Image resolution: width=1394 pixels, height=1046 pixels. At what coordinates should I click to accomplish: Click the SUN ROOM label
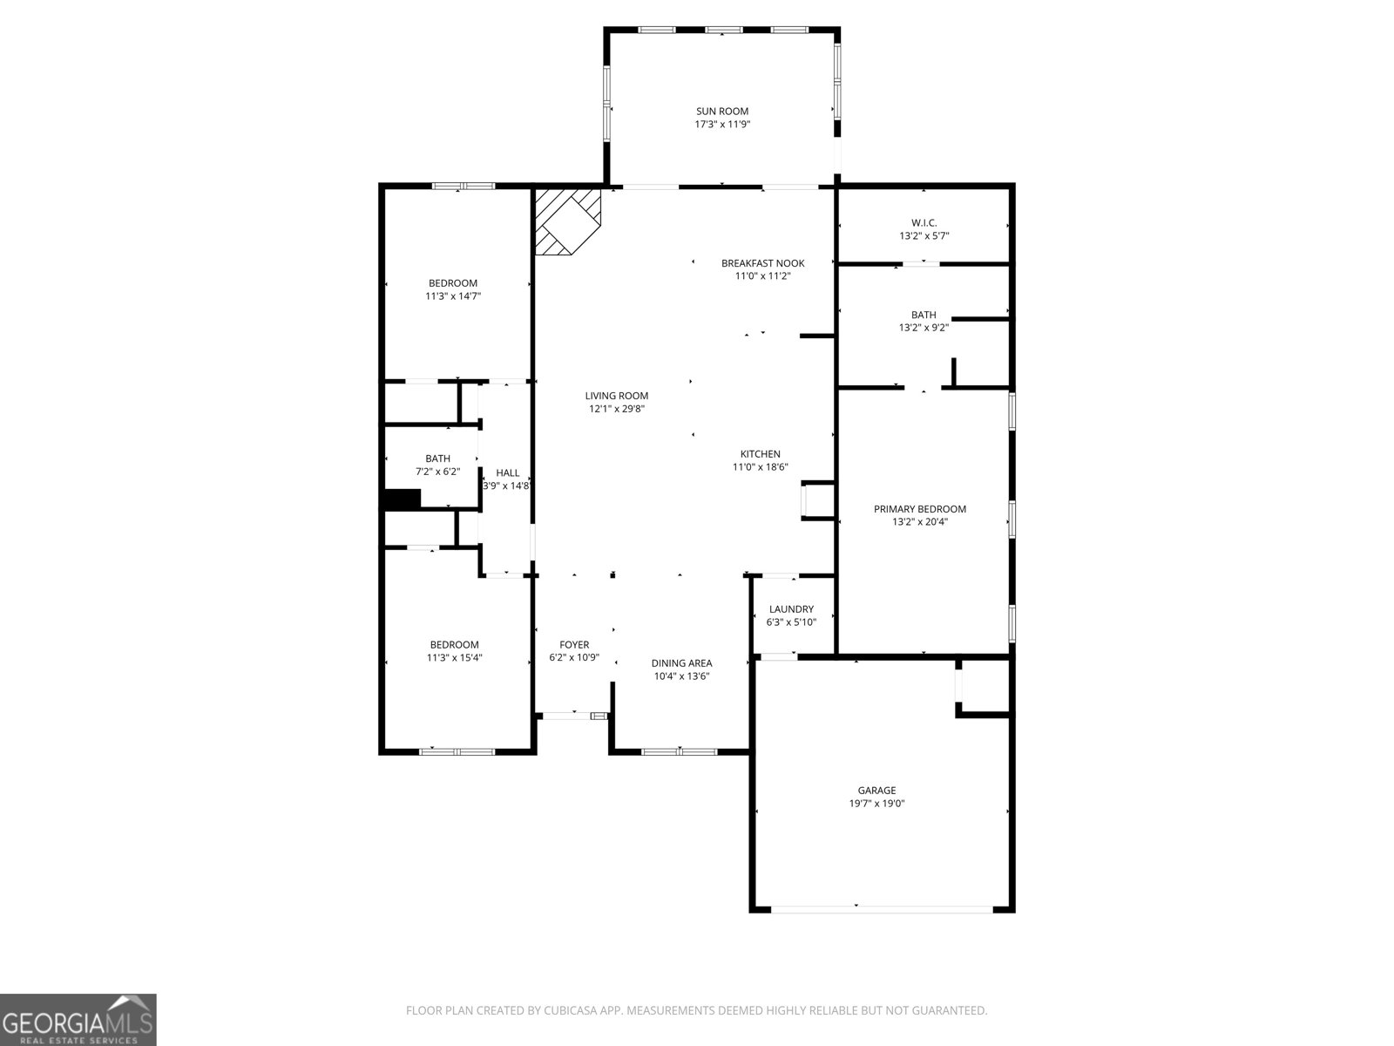click(x=721, y=111)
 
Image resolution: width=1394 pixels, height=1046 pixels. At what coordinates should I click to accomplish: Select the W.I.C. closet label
click(x=924, y=222)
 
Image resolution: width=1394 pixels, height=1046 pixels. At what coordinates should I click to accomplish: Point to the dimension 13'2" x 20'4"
click(x=919, y=522)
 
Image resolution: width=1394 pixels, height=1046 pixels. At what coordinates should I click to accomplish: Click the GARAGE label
click(x=876, y=791)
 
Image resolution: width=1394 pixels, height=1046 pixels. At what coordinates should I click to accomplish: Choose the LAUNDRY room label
click(x=791, y=609)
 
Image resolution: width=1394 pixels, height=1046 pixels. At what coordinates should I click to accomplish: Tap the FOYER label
click(x=574, y=645)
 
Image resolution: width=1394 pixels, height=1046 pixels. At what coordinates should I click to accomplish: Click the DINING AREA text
click(x=681, y=663)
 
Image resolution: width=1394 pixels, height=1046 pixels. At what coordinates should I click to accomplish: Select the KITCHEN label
click(x=760, y=454)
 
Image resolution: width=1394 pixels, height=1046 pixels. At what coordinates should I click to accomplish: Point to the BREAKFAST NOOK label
click(x=762, y=263)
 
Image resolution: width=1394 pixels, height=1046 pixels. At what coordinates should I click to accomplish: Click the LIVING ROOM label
click(x=616, y=396)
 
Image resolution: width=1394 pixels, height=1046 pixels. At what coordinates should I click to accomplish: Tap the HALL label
click(x=507, y=472)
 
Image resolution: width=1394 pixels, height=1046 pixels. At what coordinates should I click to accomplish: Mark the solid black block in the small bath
click(x=402, y=499)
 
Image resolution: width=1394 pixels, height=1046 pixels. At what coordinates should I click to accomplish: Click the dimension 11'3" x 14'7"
click(x=453, y=296)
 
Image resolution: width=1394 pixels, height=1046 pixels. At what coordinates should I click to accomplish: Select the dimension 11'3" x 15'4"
click(x=454, y=658)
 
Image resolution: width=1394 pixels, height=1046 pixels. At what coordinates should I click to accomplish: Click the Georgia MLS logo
click(x=78, y=1019)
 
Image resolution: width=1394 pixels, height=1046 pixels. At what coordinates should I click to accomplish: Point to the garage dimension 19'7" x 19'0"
click(x=876, y=804)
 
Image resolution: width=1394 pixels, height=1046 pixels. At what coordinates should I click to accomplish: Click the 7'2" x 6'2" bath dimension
click(x=437, y=472)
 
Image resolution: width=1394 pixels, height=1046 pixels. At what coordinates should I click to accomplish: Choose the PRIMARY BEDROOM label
click(x=919, y=509)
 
